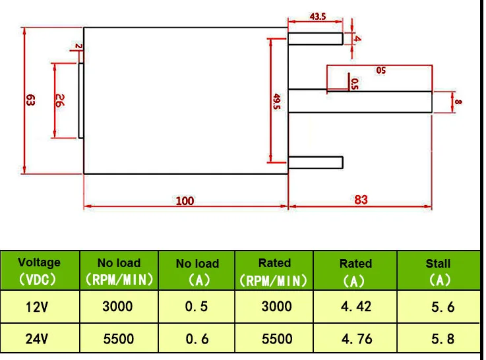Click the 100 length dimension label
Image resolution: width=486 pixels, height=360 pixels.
point(185,200)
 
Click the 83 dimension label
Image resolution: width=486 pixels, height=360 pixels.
point(361,200)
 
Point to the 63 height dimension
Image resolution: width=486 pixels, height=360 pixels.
point(30,100)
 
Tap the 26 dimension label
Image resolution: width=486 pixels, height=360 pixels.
point(59,101)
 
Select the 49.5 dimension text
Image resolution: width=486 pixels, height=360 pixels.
point(276,102)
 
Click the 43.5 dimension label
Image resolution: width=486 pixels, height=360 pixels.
point(318,16)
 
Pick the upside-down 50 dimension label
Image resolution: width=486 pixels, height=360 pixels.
point(381,71)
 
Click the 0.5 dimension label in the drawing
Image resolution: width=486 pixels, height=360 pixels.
point(355,84)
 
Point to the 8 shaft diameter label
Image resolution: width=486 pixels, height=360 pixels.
point(458,102)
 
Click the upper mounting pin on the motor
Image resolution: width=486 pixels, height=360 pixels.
point(315,39)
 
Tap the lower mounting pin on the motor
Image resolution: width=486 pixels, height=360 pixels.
point(315,163)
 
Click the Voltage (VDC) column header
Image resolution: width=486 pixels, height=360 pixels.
point(39,271)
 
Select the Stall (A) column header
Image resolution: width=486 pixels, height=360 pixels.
point(439,272)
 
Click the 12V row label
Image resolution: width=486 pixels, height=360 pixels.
point(37,307)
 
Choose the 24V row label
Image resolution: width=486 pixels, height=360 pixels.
point(37,339)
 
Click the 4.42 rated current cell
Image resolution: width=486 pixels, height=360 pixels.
point(356,307)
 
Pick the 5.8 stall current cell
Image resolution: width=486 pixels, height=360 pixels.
point(443,339)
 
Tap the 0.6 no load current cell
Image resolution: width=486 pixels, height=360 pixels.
point(197,339)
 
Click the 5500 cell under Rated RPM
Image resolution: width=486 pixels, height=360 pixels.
point(277,339)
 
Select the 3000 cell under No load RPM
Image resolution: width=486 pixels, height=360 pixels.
point(117,307)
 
